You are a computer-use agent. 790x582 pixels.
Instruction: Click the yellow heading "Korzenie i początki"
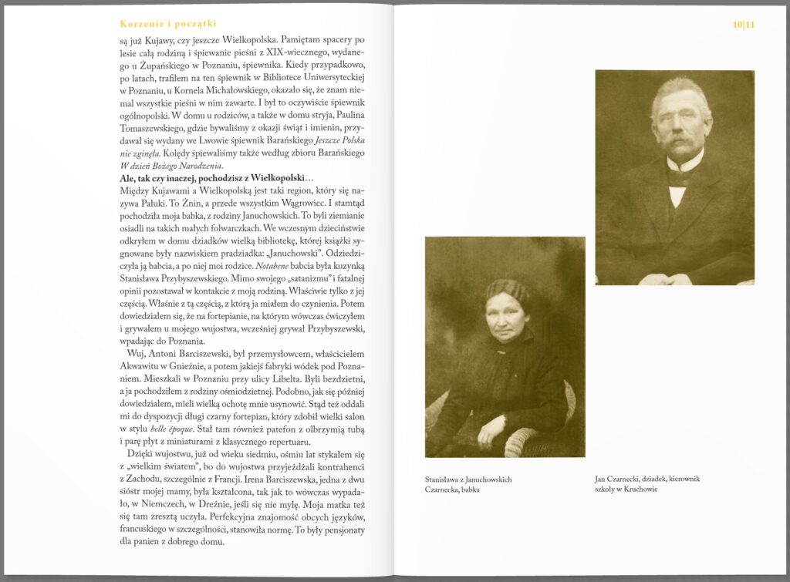(x=163, y=24)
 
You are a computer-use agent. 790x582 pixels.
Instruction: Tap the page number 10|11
(x=744, y=25)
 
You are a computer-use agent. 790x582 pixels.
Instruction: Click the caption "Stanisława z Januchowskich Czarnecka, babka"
(x=468, y=484)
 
